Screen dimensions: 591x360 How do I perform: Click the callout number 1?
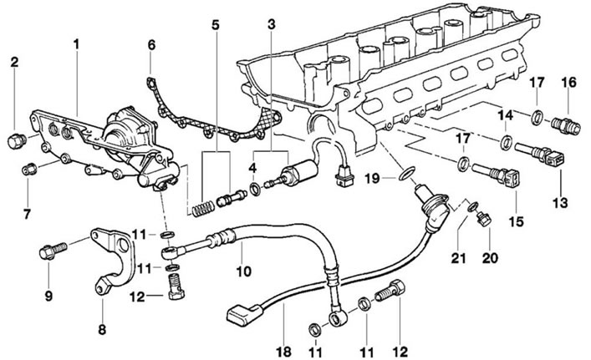77,44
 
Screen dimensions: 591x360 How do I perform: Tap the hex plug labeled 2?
17,141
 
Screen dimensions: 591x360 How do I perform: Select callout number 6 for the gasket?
151,45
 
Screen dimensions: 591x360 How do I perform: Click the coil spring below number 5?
203,209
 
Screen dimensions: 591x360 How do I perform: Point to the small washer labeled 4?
255,188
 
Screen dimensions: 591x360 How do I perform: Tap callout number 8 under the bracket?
102,330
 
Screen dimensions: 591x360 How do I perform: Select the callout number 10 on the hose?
243,271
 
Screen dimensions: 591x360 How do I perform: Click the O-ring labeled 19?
407,174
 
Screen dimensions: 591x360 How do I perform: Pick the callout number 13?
560,203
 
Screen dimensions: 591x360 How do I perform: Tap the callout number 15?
516,221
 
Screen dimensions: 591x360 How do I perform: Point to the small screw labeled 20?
483,219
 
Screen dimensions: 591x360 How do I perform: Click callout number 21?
459,258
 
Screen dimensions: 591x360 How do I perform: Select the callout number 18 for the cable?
283,352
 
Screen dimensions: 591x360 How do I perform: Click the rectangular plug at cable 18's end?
244,314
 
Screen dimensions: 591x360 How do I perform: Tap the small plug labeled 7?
28,170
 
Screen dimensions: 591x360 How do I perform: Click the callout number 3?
272,24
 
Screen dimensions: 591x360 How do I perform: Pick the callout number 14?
506,115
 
